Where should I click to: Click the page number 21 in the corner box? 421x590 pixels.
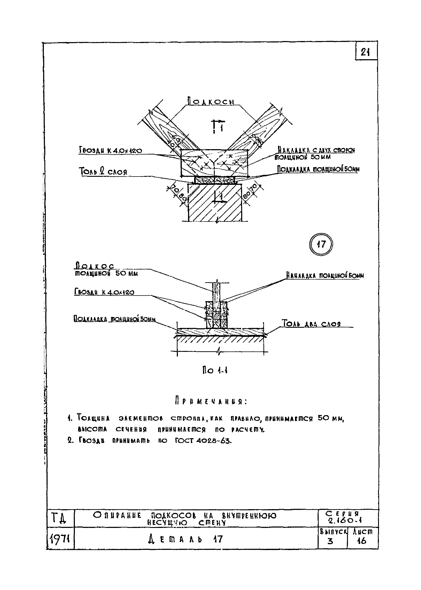[x=365, y=53]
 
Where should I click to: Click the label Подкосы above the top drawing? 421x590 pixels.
[x=211, y=102]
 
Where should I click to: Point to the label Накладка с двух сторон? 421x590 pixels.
[x=316, y=150]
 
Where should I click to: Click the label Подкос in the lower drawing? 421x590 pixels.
[x=94, y=266]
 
